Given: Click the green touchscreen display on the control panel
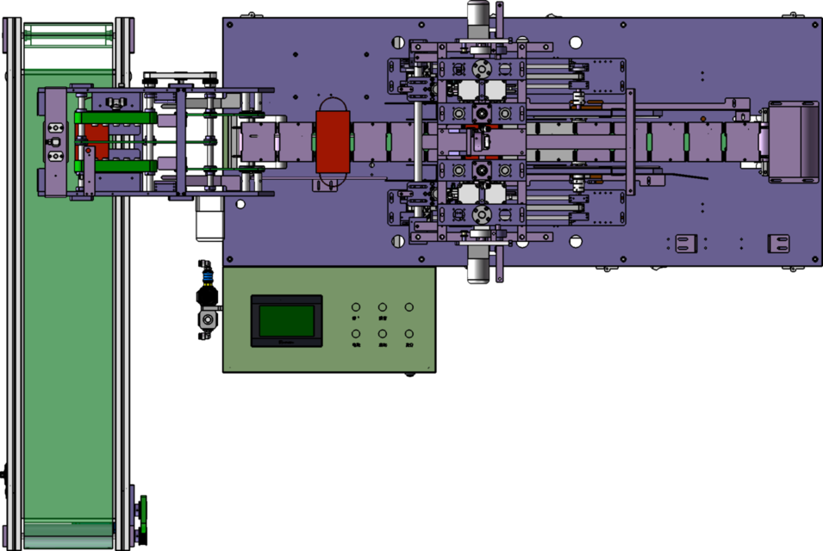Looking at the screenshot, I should pos(286,320).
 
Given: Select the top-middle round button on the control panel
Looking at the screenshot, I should pos(383,306).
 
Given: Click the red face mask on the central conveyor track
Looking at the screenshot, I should pos(333,142).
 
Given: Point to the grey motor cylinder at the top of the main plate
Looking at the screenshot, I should pos(479,16).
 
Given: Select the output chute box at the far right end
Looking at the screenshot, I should pos(793,141).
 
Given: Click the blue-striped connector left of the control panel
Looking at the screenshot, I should pos(207,277).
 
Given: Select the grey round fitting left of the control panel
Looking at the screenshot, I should pos(207,320).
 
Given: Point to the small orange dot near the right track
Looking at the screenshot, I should pos(702,118).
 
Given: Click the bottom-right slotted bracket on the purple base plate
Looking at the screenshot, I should pos(778,244).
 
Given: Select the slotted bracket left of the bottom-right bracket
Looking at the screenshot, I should pos(686,244).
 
